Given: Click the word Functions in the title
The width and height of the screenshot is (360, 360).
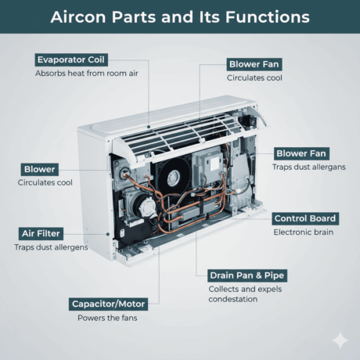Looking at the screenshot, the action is tap(268, 17).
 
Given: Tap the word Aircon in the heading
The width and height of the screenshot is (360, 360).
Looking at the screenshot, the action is tap(78, 17).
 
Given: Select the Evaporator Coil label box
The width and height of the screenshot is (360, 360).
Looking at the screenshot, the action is tap(71, 59).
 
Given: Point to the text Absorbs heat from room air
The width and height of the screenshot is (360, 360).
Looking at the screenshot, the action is tap(87, 74).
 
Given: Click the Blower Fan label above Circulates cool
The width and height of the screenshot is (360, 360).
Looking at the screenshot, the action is tap(254, 64).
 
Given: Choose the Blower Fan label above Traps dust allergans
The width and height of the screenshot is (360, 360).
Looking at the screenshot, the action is tap(301, 153).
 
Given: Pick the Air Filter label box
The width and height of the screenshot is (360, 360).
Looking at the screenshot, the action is tap(41, 233).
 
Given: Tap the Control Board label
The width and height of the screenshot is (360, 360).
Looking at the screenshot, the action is tap(305, 218).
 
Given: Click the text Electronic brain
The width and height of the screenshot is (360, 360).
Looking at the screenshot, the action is tap(303, 232).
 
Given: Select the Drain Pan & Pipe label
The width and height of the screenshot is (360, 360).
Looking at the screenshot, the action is tap(247, 275).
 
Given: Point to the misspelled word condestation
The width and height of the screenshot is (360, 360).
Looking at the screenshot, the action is tap(233, 299).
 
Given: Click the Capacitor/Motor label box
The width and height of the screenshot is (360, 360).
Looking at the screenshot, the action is tap(108, 304).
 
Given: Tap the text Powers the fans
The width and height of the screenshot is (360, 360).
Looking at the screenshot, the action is tap(107, 318).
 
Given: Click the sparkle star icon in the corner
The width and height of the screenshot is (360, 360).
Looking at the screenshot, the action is tap(340, 340).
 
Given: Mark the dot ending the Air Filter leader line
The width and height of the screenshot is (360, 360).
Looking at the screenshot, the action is tap(108, 234).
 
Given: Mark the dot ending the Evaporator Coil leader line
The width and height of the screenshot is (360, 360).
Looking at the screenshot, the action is tap(149, 127).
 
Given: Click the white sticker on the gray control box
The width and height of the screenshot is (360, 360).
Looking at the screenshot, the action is tap(214, 164).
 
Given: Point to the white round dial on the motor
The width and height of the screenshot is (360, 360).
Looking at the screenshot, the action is tap(147, 207).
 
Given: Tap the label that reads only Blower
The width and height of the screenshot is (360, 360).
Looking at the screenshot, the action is tap(40, 169).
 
